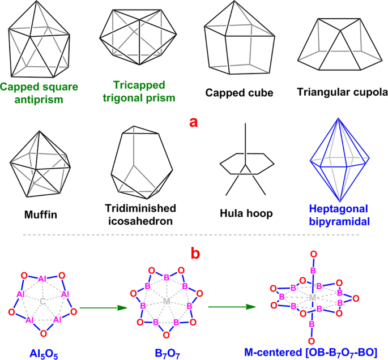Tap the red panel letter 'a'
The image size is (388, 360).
(x=193, y=121)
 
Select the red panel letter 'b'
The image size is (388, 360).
(x=194, y=253)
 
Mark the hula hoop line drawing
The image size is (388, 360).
(x=244, y=165)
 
